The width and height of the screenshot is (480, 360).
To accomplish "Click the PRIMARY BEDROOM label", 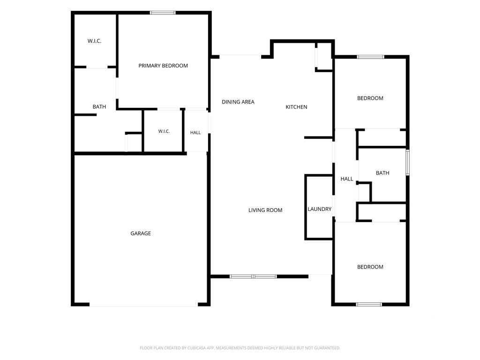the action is (x=163, y=66).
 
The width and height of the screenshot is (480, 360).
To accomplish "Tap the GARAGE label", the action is (x=141, y=233).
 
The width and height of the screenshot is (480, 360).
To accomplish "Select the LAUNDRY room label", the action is (x=319, y=209).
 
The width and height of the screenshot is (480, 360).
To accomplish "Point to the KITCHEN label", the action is (x=296, y=107).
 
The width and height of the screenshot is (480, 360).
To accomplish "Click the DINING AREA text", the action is (x=238, y=102).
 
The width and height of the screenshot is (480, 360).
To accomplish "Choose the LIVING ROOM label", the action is (x=265, y=210).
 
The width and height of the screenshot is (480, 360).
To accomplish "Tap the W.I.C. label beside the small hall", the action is (x=164, y=131).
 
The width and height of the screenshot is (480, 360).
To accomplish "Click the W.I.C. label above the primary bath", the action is (x=94, y=41).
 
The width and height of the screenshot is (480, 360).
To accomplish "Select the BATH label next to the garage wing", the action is (x=99, y=106).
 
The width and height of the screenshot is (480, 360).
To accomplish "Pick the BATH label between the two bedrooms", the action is (x=382, y=173).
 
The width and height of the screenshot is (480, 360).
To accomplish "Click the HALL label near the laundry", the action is (x=346, y=179).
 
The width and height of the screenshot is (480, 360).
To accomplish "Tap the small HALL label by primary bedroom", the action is (x=195, y=133).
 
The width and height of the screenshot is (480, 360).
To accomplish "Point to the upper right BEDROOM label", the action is (x=370, y=98).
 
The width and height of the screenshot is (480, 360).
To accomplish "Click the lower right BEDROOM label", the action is (x=370, y=267).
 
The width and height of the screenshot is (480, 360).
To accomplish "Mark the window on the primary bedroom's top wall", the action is (x=163, y=13).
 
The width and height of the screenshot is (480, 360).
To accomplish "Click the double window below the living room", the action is (x=253, y=277).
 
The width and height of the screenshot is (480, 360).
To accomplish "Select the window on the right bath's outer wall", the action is (x=407, y=162).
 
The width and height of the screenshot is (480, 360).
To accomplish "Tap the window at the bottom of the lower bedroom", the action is (x=369, y=304).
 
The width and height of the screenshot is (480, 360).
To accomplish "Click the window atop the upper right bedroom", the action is (x=370, y=57).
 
